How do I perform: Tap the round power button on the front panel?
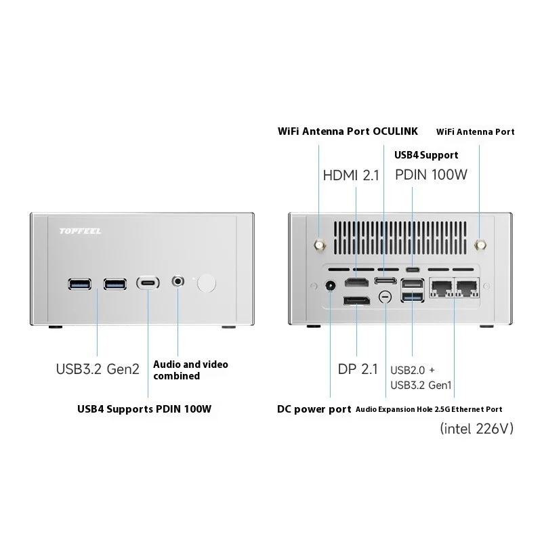(207, 283)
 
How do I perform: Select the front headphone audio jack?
(179, 280)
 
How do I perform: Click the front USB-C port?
(149, 282)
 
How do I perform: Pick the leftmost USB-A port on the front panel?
(78, 282)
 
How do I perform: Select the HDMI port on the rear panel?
(356, 282)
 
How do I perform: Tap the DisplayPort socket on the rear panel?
(356, 300)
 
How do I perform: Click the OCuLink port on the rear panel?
(385, 280)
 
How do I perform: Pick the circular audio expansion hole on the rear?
(385, 297)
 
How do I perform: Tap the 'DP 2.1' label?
(357, 369)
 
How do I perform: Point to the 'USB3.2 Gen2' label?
(97, 369)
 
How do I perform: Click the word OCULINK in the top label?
(396, 131)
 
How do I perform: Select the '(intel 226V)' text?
(477, 428)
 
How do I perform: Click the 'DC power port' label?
(314, 409)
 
